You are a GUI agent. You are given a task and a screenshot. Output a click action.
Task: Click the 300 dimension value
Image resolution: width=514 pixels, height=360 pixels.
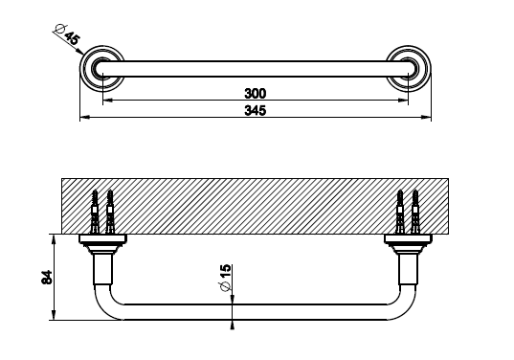(256, 94)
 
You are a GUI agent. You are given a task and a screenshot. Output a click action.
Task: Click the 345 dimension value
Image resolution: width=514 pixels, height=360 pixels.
(256, 110)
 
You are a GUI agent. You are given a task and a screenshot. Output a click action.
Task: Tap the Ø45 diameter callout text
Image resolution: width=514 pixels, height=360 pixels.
(67, 34)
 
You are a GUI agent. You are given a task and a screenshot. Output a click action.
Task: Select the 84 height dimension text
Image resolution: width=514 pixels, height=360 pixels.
(47, 278)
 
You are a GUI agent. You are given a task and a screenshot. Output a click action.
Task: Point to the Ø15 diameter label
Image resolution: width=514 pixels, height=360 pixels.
(226, 278)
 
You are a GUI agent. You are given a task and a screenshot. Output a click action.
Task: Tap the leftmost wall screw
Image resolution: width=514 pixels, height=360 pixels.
(95, 212)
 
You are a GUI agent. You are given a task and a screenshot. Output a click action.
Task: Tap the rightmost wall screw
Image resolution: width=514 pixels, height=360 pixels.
(415, 212)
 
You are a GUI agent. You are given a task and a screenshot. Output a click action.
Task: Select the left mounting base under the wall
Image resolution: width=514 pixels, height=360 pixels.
(103, 243)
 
